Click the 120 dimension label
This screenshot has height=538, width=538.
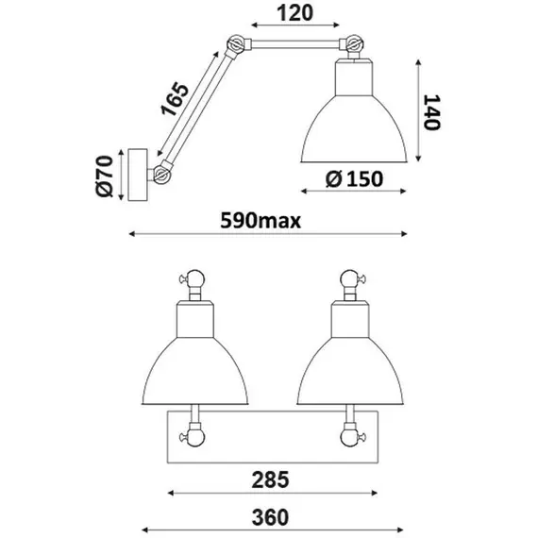coord(284,14)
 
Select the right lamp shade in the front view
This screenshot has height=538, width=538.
coord(350,363)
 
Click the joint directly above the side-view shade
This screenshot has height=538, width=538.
coord(353,43)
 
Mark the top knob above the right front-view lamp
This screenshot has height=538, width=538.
coord(350,278)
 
